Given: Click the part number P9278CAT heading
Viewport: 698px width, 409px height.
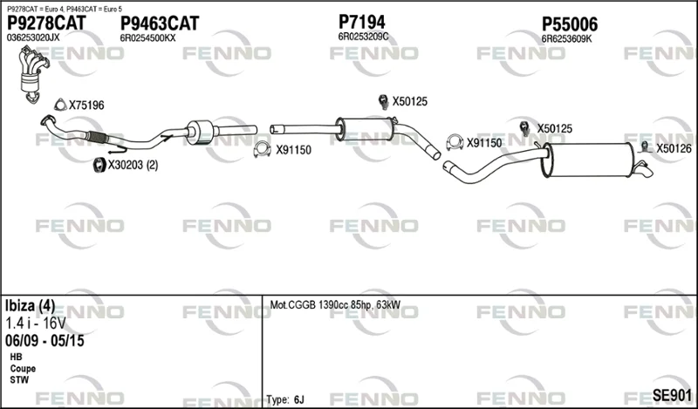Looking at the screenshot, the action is point(46,23).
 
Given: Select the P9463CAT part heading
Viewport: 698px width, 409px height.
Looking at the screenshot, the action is point(160,24).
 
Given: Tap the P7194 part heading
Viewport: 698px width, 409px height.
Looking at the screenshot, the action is point(361,22).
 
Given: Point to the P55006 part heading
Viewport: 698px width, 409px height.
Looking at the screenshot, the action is point(570,24).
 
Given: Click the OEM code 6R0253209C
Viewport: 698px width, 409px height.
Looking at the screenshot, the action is point(363,37).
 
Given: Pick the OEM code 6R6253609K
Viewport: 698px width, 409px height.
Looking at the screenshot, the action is point(566,39).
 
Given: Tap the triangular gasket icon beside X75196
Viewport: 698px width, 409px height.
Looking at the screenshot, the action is point(60,105).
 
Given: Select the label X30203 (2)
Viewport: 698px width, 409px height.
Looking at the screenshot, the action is point(133,165).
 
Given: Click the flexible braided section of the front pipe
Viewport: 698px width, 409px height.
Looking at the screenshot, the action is point(98,137).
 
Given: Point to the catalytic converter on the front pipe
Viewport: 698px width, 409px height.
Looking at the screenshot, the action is point(199,132).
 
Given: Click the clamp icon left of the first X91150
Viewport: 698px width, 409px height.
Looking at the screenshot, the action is point(263,149).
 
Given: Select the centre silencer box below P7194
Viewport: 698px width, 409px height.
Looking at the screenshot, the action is point(366,130).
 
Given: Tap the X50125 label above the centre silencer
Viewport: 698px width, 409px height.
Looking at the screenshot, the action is point(409,101).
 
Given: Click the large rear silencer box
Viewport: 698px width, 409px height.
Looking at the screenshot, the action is point(587,160).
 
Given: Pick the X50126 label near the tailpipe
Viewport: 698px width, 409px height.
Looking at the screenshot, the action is point(674,148).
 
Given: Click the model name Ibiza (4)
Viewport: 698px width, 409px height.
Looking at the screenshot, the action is point(31,306).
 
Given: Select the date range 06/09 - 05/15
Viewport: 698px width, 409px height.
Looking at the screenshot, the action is point(44,341).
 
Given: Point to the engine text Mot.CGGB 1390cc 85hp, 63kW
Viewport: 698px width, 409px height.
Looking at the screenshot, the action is point(335,305).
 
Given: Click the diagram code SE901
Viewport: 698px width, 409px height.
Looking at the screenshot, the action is point(672,395).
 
